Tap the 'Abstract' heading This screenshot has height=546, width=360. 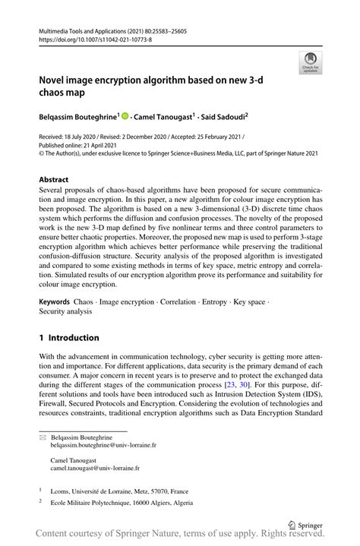(x=58, y=179)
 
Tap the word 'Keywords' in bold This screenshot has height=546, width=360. (x=55, y=301)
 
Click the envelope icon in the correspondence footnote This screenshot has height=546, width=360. (x=44, y=440)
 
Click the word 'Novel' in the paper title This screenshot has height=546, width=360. (x=56, y=78)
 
